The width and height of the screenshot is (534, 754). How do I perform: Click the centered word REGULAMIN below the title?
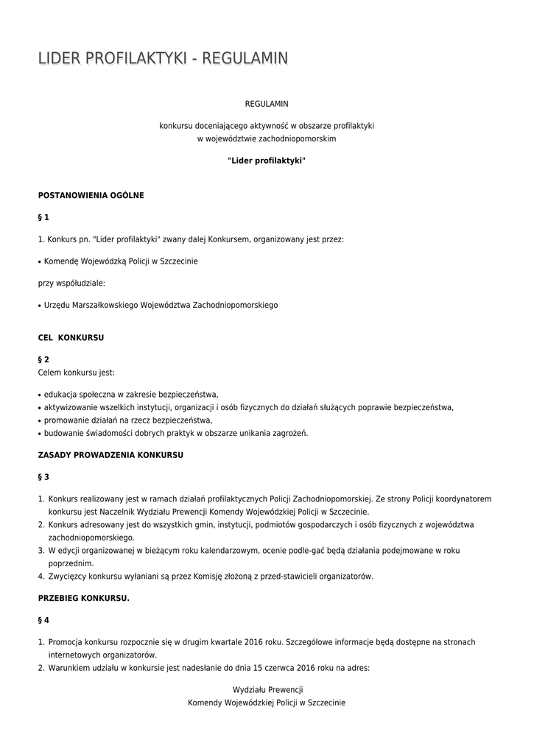267,105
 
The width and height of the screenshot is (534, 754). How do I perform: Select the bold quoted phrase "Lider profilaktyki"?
267,160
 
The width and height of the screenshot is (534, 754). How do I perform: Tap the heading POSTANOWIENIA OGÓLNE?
91,195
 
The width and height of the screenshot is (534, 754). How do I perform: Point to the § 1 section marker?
43,217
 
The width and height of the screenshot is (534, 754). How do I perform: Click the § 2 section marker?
43,359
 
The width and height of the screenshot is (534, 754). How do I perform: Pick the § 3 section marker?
43,476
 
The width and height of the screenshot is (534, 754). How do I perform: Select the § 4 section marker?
43,620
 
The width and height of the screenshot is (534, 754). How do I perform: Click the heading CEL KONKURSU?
71,337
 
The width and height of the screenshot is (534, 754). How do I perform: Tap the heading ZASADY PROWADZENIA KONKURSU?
110,455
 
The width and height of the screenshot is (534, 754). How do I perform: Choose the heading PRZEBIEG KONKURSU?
84,598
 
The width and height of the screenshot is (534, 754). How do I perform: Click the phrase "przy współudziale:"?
71,283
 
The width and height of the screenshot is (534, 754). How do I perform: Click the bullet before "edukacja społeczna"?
40,395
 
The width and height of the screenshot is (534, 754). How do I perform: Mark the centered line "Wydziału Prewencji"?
267,690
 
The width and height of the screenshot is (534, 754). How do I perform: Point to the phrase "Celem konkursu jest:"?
77,372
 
